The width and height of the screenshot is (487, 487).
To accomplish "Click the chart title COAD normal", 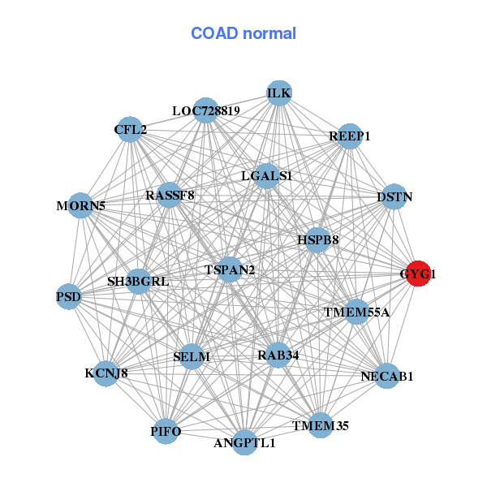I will pos(243,34).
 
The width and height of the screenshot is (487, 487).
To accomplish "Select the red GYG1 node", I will pos(417,274).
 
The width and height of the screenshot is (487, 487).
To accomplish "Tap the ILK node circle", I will pos(279,93).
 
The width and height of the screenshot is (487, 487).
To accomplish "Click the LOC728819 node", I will pos(205,110).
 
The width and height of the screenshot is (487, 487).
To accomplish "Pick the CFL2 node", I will pos(131,129).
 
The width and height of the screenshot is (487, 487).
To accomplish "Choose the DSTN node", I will pos(394,197).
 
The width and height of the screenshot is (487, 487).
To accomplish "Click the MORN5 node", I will pos(80,205).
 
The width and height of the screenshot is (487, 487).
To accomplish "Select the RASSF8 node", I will pos(170,196).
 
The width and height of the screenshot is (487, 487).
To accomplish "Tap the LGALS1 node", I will pos(266,175).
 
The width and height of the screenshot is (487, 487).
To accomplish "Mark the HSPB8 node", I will pos(317,239).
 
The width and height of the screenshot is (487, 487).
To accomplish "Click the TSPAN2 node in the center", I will pos(230,269).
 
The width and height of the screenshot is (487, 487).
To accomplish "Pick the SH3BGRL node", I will pos(138,282).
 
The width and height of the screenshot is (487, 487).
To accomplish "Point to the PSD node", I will pos(69,296).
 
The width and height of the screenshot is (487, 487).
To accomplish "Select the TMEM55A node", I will pos(356,312).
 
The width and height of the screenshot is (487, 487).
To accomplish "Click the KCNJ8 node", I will pos(106,373).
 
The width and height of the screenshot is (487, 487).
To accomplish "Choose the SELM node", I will pos(192,356).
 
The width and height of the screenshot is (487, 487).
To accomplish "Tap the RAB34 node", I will pos(278,355).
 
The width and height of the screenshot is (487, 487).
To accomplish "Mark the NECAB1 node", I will pos(387,376).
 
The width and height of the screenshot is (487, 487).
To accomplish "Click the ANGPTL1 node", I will pos(244,442).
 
